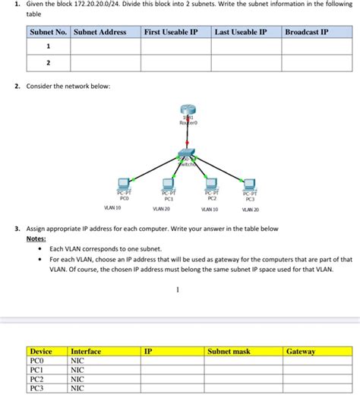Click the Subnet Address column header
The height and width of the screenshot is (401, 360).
click(100, 33)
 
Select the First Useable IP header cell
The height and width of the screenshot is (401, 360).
click(172, 33)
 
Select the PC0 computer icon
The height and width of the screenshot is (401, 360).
click(125, 185)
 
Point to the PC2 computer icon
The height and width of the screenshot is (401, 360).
click(212, 185)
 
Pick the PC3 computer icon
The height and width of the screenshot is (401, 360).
click(250, 185)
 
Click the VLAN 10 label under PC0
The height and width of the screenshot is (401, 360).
click(112, 207)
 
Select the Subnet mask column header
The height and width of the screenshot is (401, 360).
click(229, 352)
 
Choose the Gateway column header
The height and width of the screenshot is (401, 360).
click(301, 352)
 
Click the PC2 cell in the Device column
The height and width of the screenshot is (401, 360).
click(37, 379)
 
